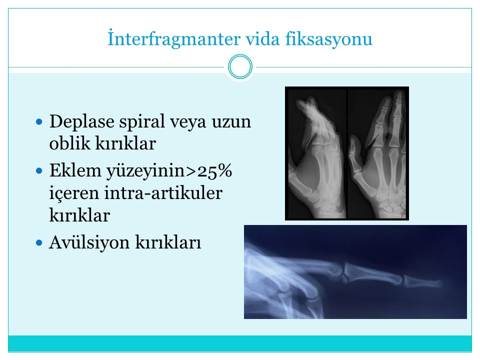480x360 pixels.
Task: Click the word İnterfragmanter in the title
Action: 174,39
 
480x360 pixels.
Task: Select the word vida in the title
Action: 263,39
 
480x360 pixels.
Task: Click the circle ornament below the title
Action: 240,66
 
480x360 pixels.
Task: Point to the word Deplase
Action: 81,122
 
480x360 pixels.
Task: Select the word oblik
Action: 69,143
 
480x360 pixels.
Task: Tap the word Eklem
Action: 75,170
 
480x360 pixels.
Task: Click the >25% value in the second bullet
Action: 208,170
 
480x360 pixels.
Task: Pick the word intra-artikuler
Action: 163,193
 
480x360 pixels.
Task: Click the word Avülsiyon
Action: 89,242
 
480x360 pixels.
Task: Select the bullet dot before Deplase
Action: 39,122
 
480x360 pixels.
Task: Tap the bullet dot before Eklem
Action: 39,170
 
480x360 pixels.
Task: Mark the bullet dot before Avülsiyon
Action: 39,243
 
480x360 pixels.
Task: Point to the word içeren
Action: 74,193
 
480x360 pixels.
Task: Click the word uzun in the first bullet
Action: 231,122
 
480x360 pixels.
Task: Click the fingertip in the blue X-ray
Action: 433,283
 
